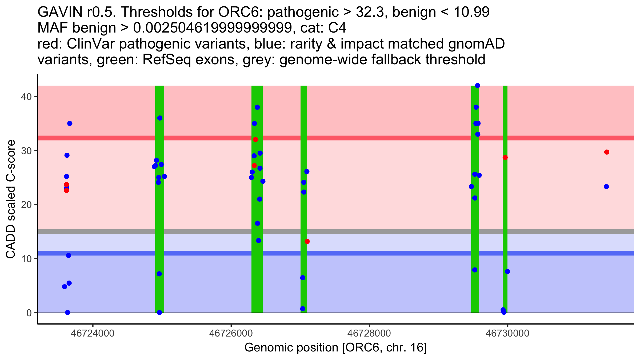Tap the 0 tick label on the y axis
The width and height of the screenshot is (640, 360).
[x=29, y=313]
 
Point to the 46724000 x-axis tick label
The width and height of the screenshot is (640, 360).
[x=93, y=333]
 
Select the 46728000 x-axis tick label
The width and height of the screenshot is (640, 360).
[x=369, y=333]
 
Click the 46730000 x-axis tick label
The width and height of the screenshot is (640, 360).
[x=507, y=333]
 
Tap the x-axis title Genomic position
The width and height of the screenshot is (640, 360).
[x=335, y=347]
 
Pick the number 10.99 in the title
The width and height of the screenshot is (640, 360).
[x=471, y=12]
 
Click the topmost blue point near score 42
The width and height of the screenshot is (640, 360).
[x=478, y=86]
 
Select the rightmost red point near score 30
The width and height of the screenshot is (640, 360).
[x=607, y=152]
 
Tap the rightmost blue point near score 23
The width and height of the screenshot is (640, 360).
[x=606, y=187]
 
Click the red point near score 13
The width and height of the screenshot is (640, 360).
[x=307, y=242]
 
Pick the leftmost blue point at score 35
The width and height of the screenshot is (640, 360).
[x=70, y=123]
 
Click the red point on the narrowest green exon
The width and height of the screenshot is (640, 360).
[x=505, y=158]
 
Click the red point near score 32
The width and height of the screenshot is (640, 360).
[x=255, y=140]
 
